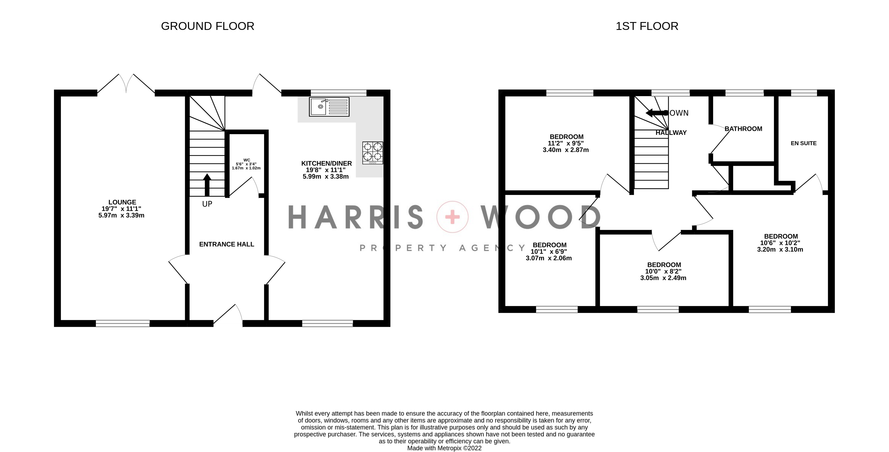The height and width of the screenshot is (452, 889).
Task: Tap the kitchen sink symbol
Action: (x=329, y=107)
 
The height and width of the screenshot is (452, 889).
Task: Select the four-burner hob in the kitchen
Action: (x=372, y=153)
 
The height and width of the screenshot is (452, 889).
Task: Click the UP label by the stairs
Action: (x=207, y=204)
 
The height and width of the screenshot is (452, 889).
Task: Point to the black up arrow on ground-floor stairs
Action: (x=207, y=185)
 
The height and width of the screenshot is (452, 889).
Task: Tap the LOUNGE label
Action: (x=122, y=202)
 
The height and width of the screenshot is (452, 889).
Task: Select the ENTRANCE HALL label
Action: (x=226, y=244)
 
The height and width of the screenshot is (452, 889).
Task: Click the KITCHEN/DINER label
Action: (x=326, y=164)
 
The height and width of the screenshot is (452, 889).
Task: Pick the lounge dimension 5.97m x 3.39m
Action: (x=121, y=215)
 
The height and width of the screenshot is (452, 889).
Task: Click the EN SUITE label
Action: (x=803, y=143)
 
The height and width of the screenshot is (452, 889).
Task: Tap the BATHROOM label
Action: (x=743, y=129)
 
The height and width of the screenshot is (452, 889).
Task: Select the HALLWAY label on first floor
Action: (x=671, y=133)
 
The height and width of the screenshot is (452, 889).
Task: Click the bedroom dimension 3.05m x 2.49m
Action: (x=663, y=278)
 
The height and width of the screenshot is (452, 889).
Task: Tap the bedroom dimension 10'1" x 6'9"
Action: (x=549, y=251)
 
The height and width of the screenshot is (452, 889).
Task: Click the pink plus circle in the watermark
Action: (x=452, y=217)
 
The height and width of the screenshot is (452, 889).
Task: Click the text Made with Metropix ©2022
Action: (x=444, y=448)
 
